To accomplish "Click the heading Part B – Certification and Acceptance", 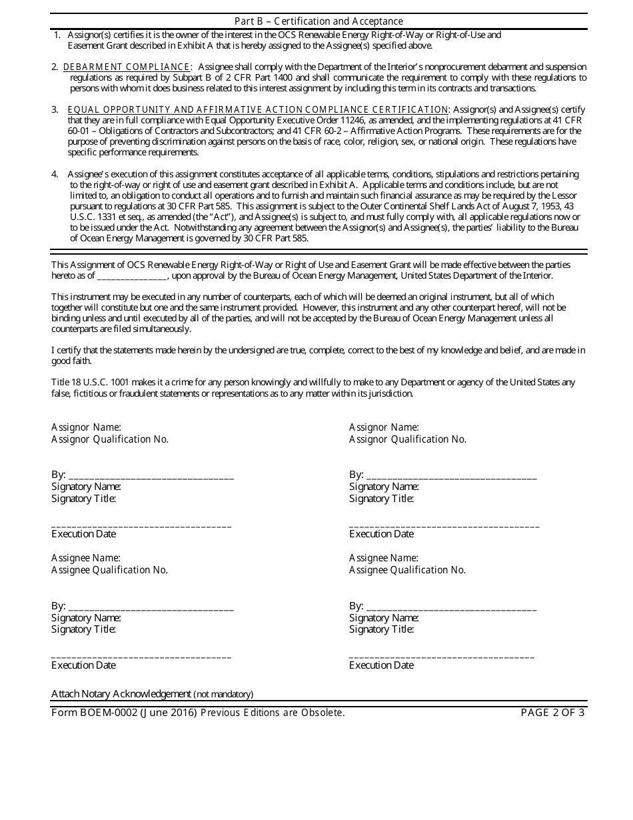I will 318,21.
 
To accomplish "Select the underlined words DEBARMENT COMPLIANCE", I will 126,67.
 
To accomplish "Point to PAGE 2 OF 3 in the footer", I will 552,712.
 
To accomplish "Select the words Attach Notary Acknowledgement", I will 121,694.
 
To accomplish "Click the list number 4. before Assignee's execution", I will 55,174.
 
